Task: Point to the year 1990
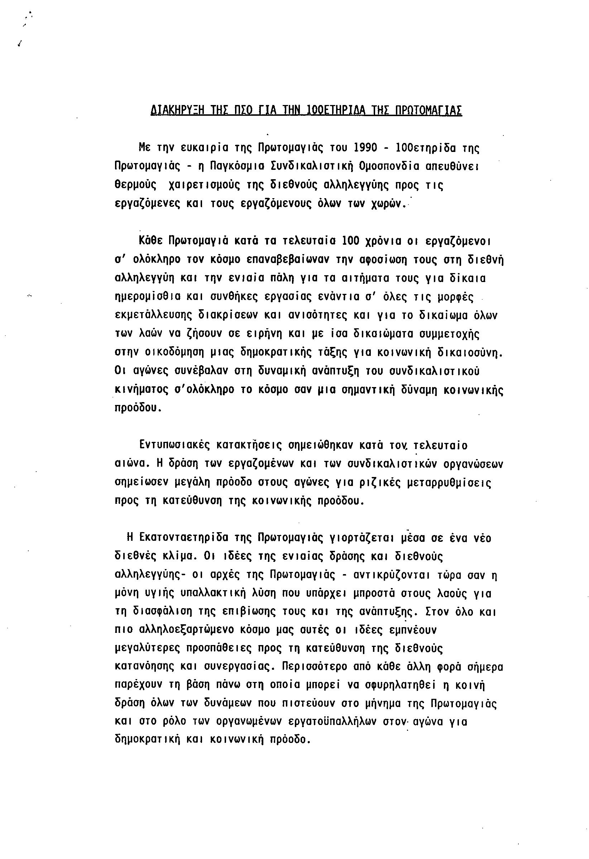[365, 148]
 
